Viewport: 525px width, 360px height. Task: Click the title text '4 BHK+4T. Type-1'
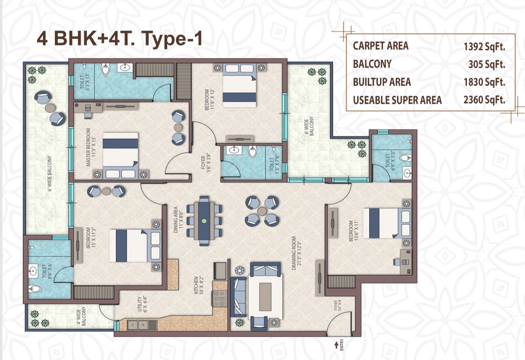coord(119,39)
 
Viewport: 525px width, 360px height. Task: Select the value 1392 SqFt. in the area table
coord(484,46)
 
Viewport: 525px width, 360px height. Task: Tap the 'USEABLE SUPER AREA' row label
coord(397,100)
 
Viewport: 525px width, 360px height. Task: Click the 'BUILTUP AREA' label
coord(382,82)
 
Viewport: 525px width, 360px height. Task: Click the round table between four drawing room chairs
coord(262,211)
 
